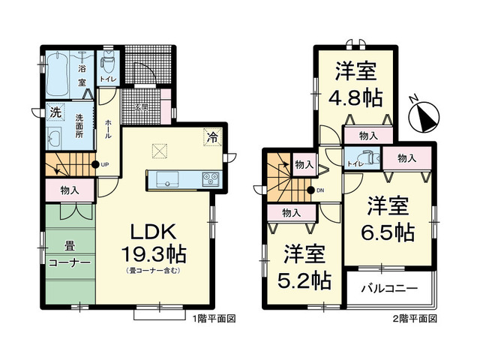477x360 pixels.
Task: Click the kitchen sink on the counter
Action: [x=167, y=178]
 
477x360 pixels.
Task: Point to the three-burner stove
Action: [x=208, y=178]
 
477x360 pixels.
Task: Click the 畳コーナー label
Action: [x=70, y=256]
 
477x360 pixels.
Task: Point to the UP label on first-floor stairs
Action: [x=105, y=165]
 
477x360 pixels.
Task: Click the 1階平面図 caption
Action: [x=216, y=319]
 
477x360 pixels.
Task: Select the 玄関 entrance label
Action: [x=140, y=107]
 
